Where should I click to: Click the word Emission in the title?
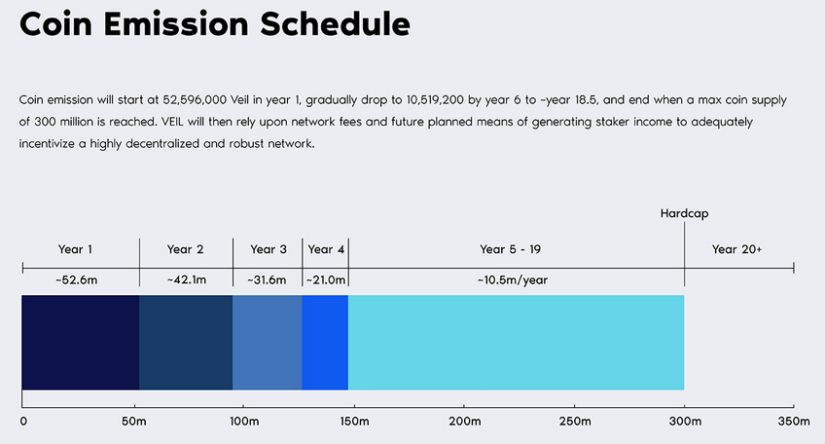[176, 23]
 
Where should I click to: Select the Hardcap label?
[684, 214]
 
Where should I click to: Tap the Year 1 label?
[75, 249]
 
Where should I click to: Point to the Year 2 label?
[185, 249]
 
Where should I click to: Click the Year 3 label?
[269, 249]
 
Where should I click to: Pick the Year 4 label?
[326, 249]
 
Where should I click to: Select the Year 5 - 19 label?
[510, 249]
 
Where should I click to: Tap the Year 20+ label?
[736, 249]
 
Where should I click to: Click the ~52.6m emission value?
[76, 280]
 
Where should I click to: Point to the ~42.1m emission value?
[186, 280]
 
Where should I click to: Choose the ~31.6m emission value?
[267, 280]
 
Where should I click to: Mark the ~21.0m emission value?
[326, 280]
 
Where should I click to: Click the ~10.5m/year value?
[513, 280]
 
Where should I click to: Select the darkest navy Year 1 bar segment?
[81, 343]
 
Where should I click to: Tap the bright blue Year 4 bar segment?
[325, 343]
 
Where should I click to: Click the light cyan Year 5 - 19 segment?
[517, 343]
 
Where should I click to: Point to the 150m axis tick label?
[354, 422]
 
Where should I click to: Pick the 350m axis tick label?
[794, 422]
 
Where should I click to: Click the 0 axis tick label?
[23, 422]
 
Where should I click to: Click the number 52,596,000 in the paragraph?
[195, 100]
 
